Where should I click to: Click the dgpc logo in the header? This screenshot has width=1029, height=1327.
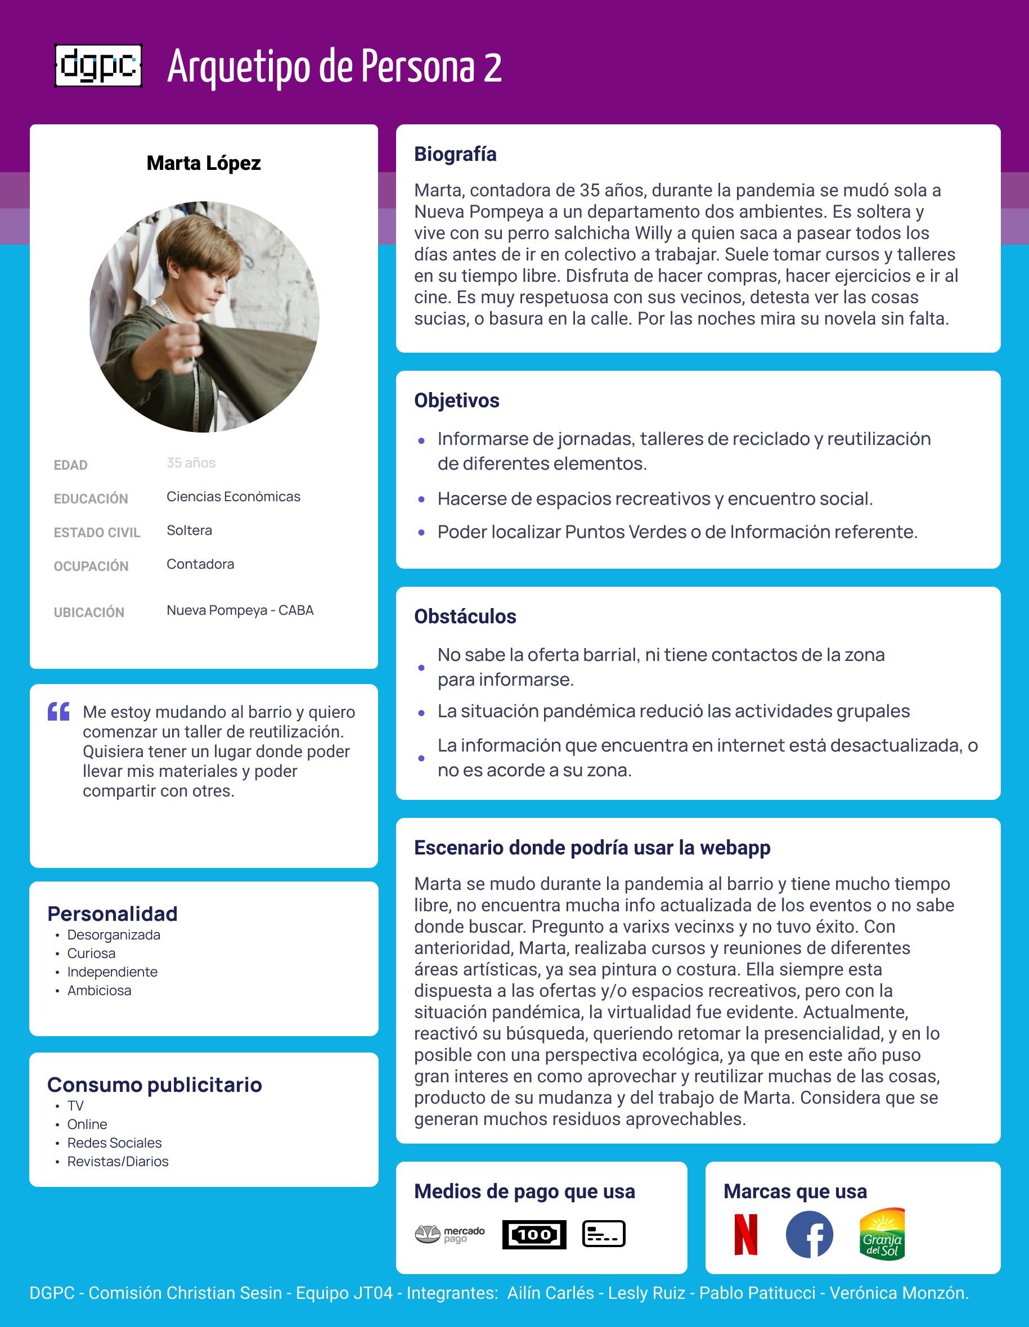coord(98,66)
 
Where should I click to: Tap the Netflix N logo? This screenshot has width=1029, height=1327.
coord(746,1234)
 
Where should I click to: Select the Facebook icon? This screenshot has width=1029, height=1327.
coord(809,1234)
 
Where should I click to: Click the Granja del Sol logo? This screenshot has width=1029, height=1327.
coord(882,1234)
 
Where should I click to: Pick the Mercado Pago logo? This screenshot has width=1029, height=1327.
coord(450,1234)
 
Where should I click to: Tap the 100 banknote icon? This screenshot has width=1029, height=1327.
coord(534,1234)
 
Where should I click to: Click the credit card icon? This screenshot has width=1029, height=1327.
coord(604,1234)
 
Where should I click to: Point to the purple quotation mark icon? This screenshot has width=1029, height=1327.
coord(59,711)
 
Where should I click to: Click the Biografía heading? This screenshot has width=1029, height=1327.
coord(455,154)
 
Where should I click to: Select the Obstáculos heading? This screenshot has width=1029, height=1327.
coord(465,616)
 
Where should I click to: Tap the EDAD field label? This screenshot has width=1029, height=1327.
coord(70,465)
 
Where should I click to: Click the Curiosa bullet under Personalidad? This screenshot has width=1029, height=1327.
coord(91,953)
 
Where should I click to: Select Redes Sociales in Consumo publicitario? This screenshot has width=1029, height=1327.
coord(114,1143)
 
